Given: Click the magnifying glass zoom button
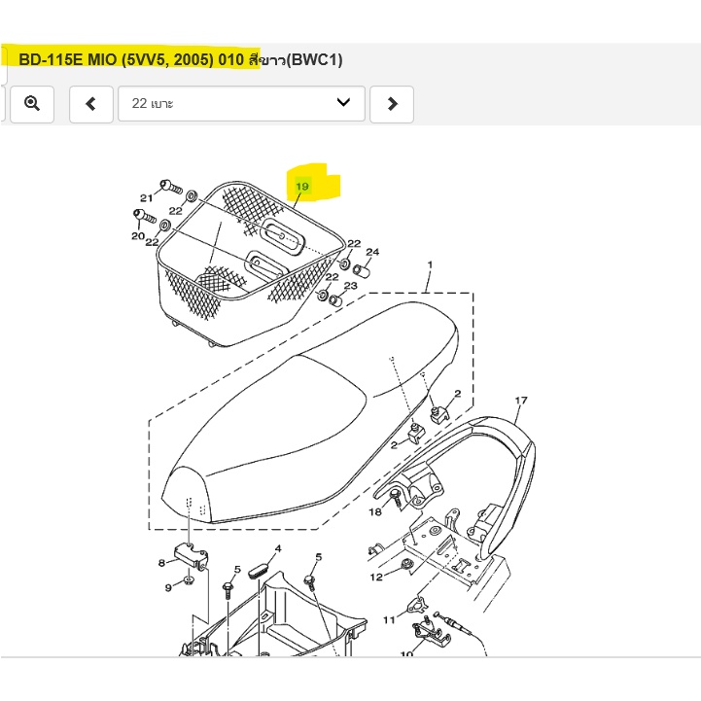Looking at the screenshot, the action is [32, 104].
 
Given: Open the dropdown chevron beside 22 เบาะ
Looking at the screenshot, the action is [343, 102].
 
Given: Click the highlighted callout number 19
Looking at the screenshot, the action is [302, 186].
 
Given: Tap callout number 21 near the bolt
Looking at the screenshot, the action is [146, 197].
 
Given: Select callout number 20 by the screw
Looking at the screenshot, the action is [138, 235].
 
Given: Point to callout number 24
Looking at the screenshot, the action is [372, 252].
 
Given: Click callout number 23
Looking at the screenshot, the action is [350, 285].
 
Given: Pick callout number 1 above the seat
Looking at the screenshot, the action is [430, 264].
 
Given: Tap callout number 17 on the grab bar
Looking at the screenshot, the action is [521, 401].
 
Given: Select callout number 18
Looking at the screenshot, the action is [375, 511].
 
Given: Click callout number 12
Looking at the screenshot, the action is [376, 577].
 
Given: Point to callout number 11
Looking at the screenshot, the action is [389, 619].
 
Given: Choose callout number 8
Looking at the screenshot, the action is [161, 563].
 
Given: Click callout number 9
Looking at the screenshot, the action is [168, 587].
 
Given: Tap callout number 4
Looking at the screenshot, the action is [278, 548].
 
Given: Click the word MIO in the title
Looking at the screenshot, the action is [101, 59].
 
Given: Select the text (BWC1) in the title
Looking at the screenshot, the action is [314, 60].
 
